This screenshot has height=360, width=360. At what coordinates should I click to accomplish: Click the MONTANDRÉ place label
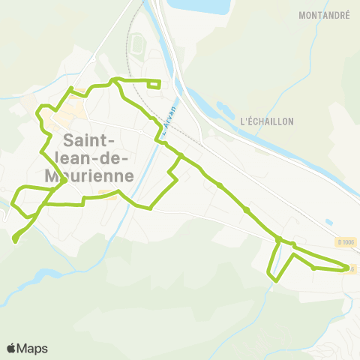point(324,15)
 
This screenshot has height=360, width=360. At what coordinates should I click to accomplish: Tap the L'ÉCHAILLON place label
point(267,121)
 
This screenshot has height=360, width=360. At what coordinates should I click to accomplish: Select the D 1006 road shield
point(346,242)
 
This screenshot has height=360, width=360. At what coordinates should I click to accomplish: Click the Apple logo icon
point(12,348)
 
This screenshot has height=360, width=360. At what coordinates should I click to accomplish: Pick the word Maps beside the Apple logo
point(33,348)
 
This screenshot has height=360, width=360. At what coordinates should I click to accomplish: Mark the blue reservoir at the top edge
point(198,7)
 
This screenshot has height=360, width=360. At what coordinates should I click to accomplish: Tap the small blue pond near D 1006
point(329,222)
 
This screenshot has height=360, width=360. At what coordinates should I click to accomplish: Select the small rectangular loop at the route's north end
point(154,84)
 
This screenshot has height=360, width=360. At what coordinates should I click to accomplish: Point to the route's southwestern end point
point(16,240)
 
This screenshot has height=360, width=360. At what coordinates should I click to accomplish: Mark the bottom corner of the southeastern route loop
point(276,280)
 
